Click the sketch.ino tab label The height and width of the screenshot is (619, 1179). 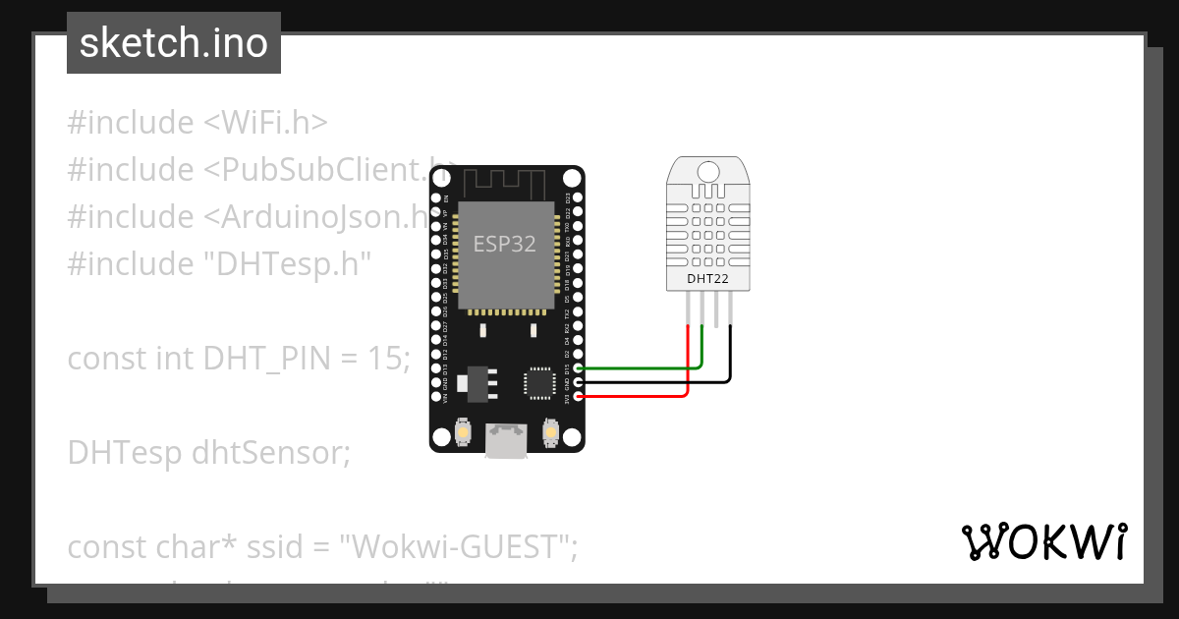click(x=173, y=43)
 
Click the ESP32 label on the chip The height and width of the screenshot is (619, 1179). click(x=505, y=244)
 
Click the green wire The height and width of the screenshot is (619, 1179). click(x=639, y=367)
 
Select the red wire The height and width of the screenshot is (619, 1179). click(x=639, y=396)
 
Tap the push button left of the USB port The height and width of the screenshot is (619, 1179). click(x=464, y=431)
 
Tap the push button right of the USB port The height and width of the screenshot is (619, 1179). click(x=550, y=431)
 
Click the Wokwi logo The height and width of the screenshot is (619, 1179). click(x=1043, y=542)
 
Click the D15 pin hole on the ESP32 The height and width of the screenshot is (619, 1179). click(x=579, y=367)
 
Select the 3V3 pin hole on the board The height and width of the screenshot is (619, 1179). click(x=579, y=396)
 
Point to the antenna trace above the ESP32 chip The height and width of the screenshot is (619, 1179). click(x=505, y=183)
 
